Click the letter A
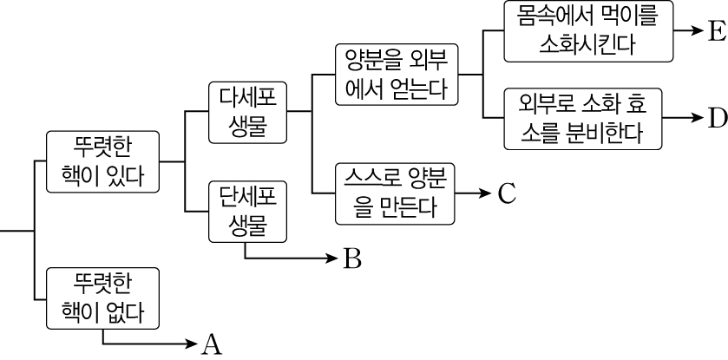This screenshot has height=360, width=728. [x=213, y=344]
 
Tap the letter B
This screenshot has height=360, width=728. [x=351, y=259]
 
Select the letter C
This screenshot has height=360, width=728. [x=508, y=193]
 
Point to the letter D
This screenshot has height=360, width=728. [x=716, y=117]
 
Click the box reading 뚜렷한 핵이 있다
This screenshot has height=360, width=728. [x=103, y=161]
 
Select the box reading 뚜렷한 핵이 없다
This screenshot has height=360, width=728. [x=103, y=298]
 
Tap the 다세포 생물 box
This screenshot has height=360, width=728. [x=247, y=112]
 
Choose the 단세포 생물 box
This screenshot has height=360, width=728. [x=247, y=211]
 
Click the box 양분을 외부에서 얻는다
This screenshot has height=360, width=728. [x=396, y=74]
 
